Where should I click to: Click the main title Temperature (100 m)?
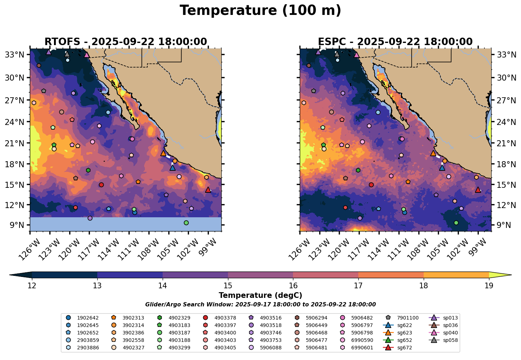[260, 11]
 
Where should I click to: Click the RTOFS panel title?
[125, 42]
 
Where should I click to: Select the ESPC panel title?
[395, 42]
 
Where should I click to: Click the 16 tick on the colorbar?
[293, 286]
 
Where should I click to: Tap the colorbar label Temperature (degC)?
[260, 295]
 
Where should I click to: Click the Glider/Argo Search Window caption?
[260, 305]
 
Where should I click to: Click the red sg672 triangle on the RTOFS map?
[208, 190]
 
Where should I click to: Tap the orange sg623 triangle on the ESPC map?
[433, 153]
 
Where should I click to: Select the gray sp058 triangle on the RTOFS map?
[67, 54]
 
